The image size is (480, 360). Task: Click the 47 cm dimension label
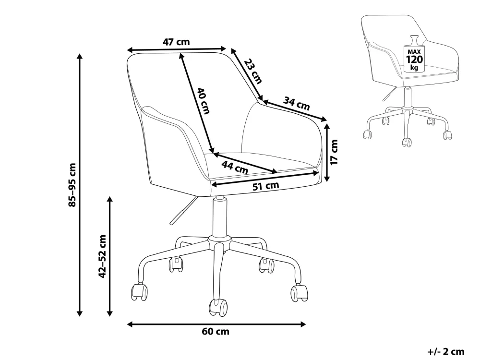176,42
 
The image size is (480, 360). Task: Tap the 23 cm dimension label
253,71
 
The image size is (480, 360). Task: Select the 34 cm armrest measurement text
296,103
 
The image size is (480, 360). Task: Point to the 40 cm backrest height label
203,101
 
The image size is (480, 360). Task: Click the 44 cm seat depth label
235,167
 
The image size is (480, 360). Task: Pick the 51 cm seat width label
266,185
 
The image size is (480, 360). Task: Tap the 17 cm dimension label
334,152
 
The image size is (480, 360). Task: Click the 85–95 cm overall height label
72,185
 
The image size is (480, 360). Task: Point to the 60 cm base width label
216,332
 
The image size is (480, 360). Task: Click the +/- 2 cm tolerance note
446,351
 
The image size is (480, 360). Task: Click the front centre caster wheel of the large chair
218,307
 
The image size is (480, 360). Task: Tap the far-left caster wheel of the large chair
139,292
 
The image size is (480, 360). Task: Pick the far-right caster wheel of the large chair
299,293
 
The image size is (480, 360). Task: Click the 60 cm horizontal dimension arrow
216,324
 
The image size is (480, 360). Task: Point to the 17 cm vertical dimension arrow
327,153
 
